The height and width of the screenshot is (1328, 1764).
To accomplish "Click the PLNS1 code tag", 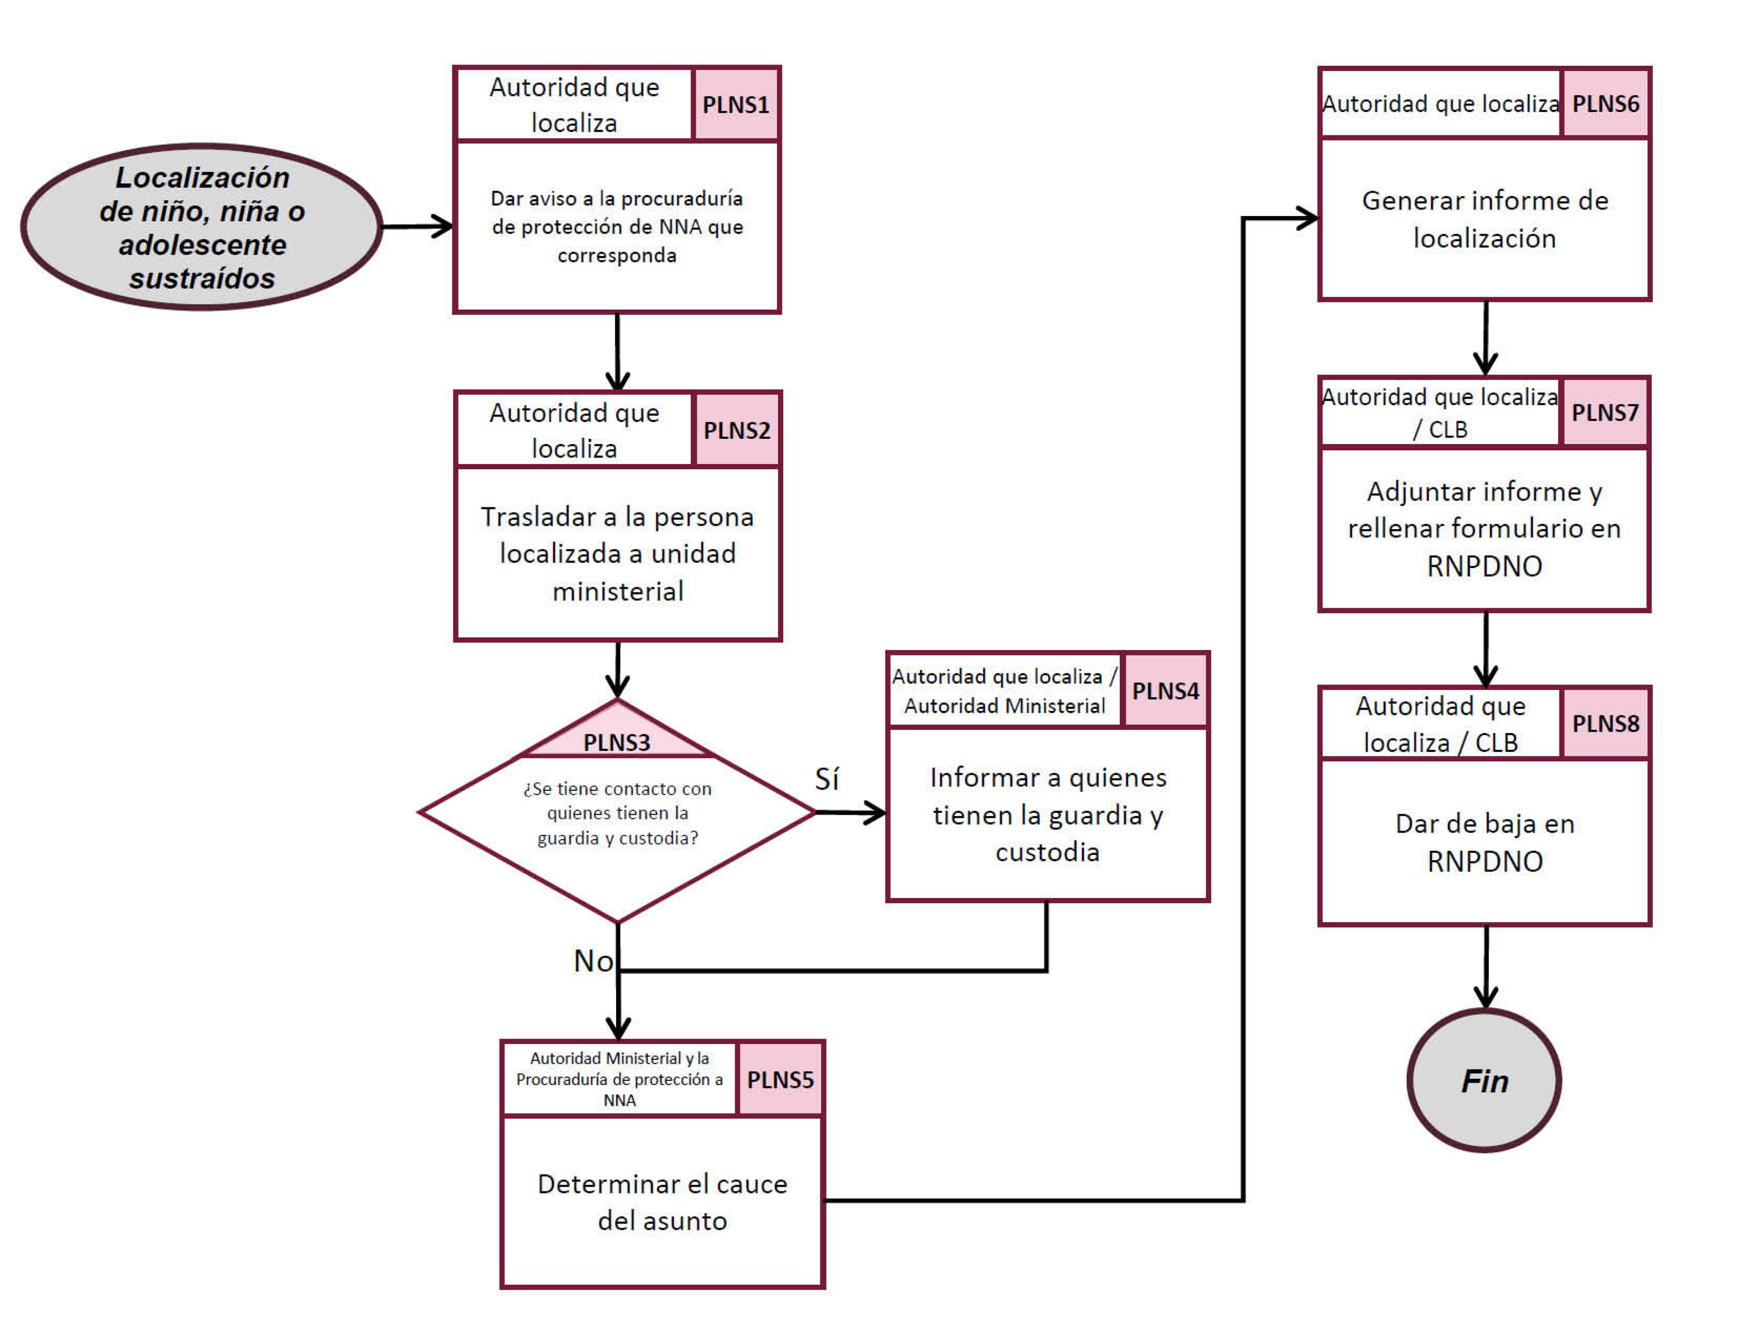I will [735, 105].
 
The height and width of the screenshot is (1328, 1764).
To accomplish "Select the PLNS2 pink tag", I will [736, 430].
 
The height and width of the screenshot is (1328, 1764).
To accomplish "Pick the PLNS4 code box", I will [1165, 691].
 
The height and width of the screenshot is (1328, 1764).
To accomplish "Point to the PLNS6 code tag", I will [1605, 104].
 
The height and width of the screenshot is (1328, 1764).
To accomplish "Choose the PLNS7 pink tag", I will [1604, 412].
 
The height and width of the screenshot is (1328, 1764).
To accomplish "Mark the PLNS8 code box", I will [1605, 723].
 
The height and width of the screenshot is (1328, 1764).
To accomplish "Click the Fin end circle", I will [1484, 1081].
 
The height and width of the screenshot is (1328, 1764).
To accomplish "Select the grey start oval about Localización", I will [202, 227].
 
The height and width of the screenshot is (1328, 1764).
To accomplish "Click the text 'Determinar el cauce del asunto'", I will [662, 1202].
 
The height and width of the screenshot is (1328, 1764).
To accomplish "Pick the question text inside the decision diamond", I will [617, 813].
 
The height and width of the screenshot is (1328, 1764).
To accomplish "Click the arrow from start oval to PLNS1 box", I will [416, 227].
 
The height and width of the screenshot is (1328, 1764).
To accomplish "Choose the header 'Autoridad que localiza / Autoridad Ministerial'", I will [1004, 691].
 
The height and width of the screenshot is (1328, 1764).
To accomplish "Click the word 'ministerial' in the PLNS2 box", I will [617, 591].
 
